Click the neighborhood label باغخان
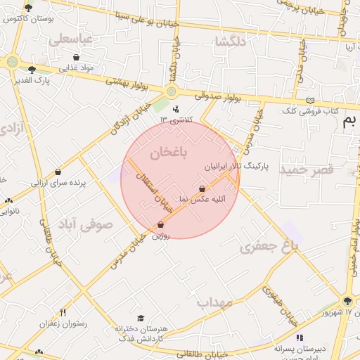(x=169, y=153)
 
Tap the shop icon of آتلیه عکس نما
(x=202, y=188)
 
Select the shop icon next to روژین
(x=161, y=224)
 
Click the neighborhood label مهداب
(x=214, y=302)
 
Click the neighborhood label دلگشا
(x=231, y=41)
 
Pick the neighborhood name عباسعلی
(x=71, y=39)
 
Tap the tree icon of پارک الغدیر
(x=32, y=69)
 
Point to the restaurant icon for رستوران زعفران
(x=63, y=312)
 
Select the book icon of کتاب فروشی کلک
(x=311, y=100)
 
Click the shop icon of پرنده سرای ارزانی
(x=58, y=172)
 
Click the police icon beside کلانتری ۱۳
(x=176, y=108)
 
